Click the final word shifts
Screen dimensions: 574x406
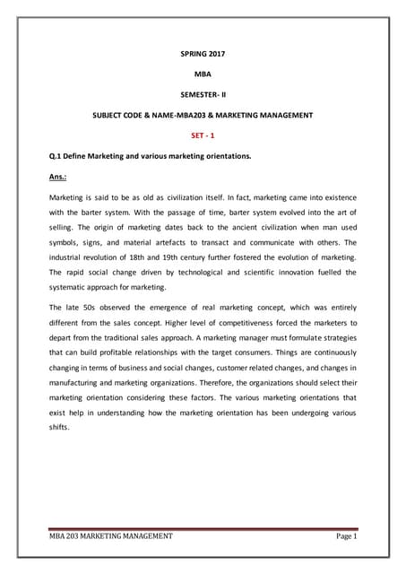click(x=61, y=426)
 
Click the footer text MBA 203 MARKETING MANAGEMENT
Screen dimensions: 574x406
click(x=111, y=537)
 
